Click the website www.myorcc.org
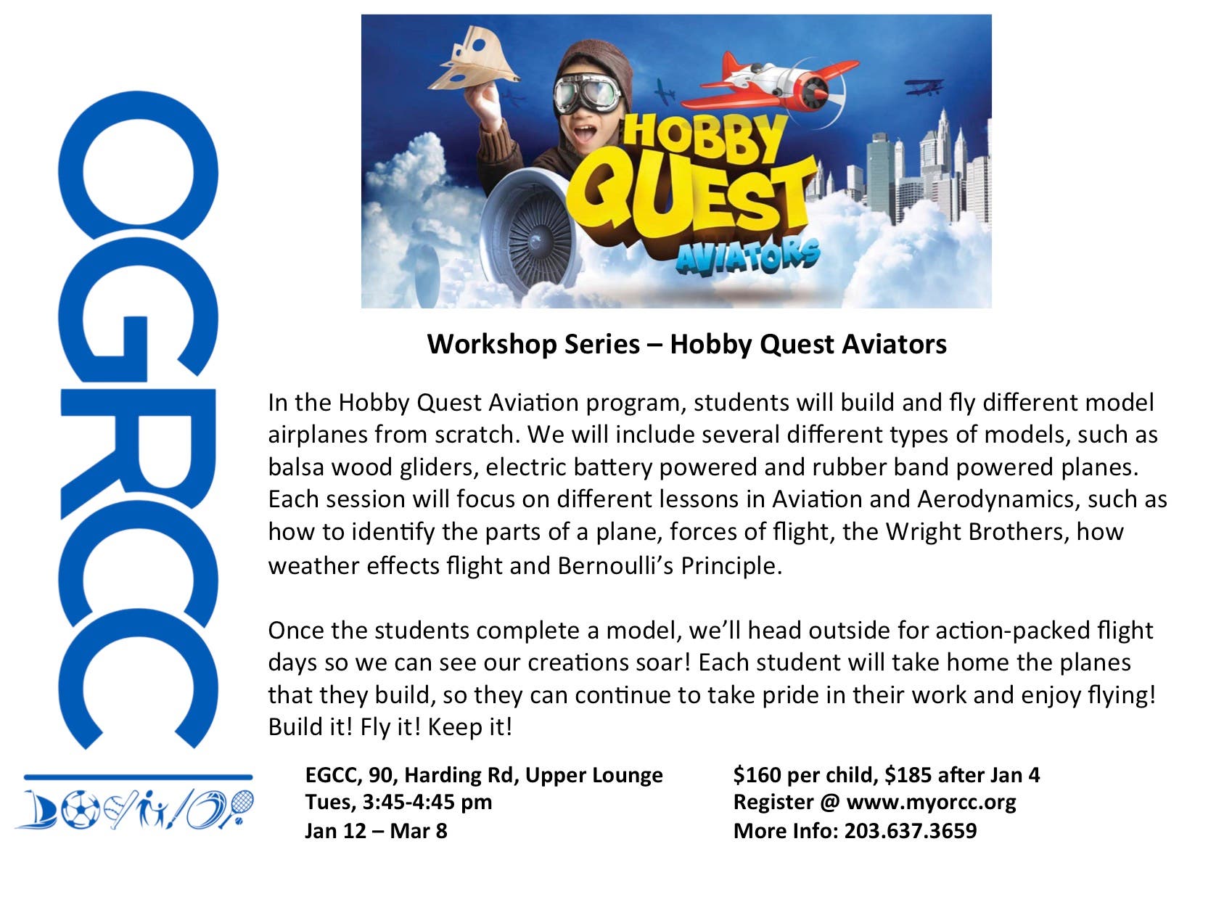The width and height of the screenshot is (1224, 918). pos(931,802)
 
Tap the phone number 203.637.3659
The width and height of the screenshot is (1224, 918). pos(910,830)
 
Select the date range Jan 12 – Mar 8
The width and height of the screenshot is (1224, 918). pos(376,830)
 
